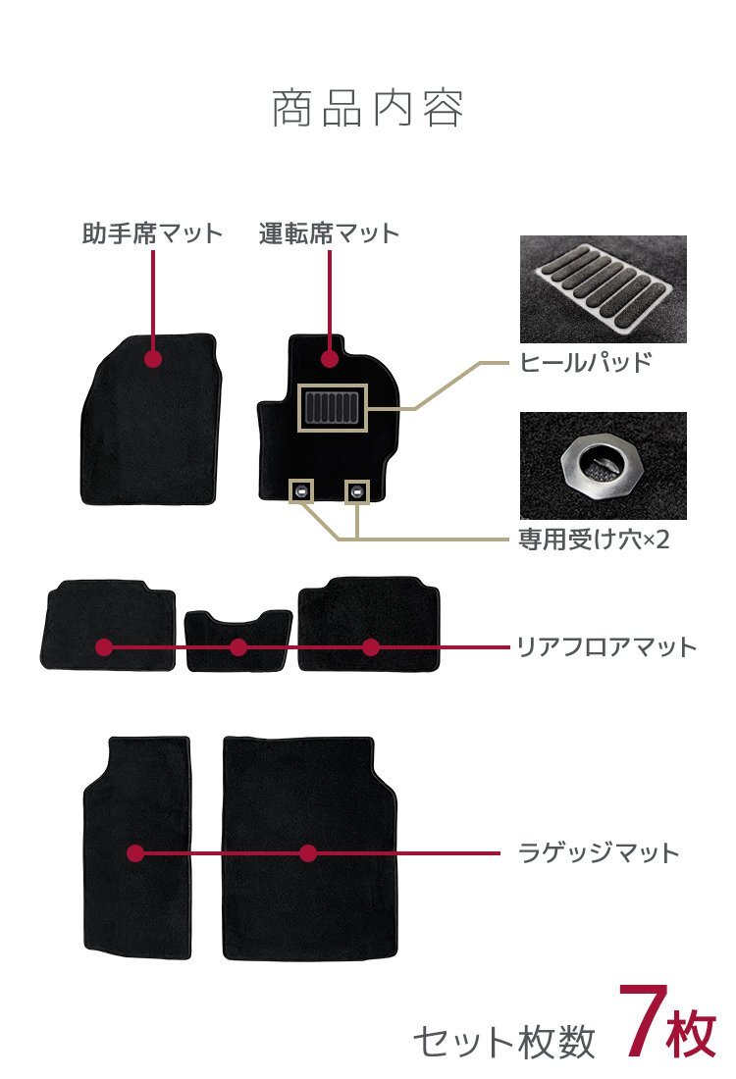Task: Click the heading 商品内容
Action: [367, 109]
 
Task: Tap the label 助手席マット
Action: [152, 234]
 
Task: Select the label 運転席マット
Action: [329, 234]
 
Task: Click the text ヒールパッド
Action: [585, 363]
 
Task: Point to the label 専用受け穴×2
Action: [593, 539]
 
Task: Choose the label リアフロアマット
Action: [606, 647]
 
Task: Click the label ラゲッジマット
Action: [598, 852]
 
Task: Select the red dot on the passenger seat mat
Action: [152, 359]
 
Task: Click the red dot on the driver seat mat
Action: [330, 359]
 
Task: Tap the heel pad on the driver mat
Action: [331, 408]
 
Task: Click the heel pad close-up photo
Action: [603, 289]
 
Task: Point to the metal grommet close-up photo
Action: [603, 465]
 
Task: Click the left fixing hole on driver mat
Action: [300, 490]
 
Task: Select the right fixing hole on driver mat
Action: [357, 490]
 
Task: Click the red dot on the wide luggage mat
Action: [308, 853]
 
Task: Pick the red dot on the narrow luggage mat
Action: [135, 853]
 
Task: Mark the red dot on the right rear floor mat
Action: [370, 647]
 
